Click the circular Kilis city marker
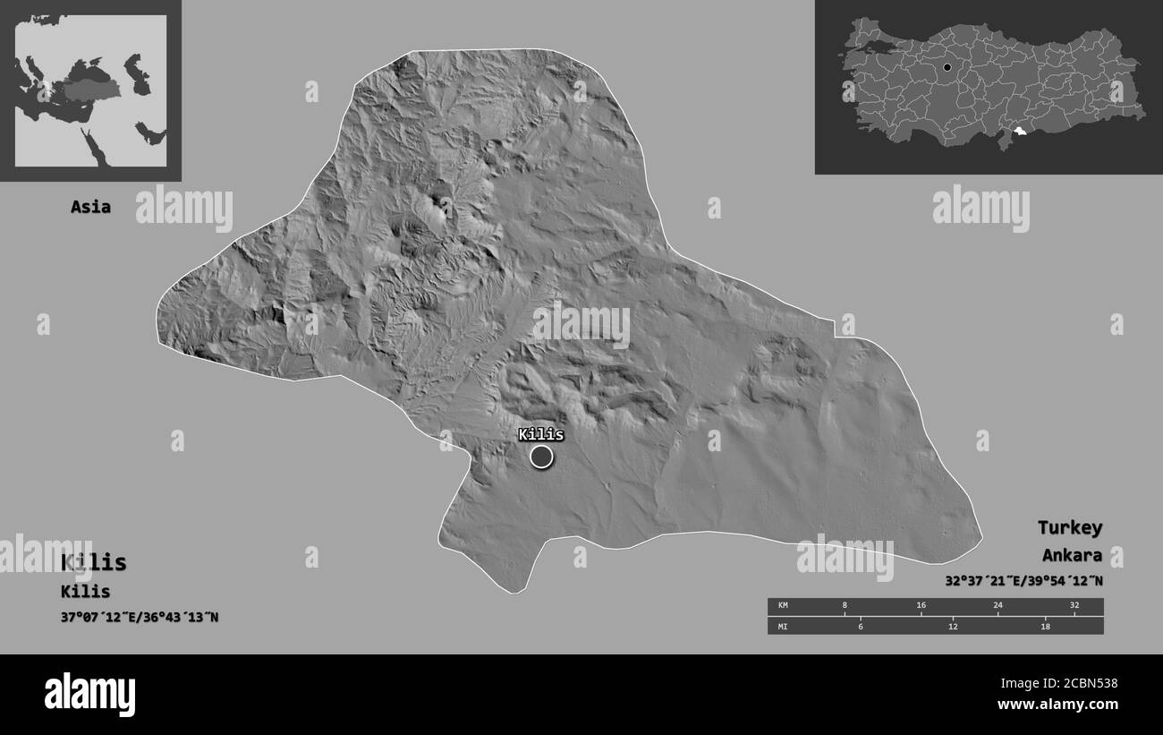[x=541, y=457]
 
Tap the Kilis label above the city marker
[x=541, y=435]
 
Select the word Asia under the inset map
[x=91, y=207]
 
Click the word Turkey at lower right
[x=1069, y=527]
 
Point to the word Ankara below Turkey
[x=1072, y=555]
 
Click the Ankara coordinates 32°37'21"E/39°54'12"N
[x=1023, y=580]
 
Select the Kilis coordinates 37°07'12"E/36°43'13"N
[x=140, y=617]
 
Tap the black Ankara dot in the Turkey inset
[x=947, y=67]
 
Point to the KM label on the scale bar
[x=784, y=606]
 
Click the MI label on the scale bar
[x=784, y=626]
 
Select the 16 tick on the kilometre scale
[x=921, y=606]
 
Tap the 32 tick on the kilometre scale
[x=1074, y=606]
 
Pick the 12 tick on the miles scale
[x=953, y=626]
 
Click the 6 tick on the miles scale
[x=861, y=626]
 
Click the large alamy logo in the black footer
[x=90, y=694]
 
